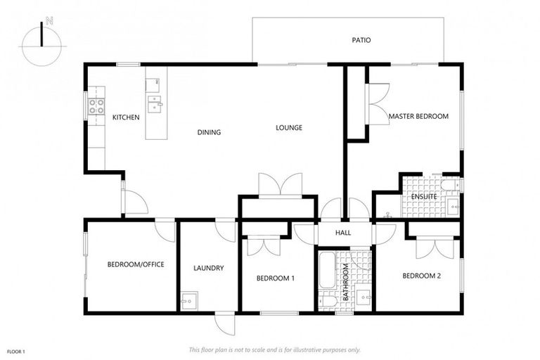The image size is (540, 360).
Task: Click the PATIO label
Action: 361,40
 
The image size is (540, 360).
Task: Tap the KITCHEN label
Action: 126,117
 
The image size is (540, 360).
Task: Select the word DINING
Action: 209,132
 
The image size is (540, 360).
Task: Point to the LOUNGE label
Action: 288,128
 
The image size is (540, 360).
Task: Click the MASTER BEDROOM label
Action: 418,116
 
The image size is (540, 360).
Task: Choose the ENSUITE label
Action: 424,197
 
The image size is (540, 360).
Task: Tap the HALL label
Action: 344,233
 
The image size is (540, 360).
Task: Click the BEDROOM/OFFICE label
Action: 136,264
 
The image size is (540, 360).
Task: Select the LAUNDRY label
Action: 208,268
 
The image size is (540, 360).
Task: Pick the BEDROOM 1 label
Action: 275,278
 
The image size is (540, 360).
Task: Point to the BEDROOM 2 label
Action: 421,276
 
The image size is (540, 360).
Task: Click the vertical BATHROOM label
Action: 345,281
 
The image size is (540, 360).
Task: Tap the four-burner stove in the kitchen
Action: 96,107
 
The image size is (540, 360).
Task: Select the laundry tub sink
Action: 188,301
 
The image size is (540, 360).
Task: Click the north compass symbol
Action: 42,45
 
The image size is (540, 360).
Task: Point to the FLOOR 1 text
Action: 16,351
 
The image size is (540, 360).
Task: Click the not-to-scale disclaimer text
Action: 274,349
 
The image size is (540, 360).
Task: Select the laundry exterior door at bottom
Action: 224,324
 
